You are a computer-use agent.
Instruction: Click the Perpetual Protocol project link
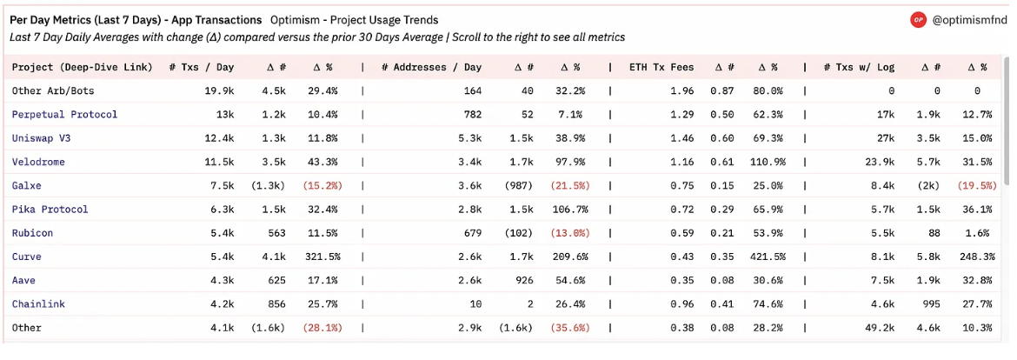tap(65, 115)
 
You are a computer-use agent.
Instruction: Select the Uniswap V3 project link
tap(41, 138)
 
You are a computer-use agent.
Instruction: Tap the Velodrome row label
tap(38, 162)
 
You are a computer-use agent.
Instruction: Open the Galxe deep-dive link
tap(27, 185)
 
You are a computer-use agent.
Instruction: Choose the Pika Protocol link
tap(50, 210)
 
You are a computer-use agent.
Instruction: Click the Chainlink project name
tap(38, 304)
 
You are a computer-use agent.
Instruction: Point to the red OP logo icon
tap(918, 19)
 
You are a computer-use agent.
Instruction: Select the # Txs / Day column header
tap(202, 68)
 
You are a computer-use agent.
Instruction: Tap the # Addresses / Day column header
tap(431, 68)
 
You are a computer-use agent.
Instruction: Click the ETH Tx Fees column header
tap(661, 68)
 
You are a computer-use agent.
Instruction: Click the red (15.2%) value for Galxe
tap(322, 185)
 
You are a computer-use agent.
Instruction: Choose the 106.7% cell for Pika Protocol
tap(569, 210)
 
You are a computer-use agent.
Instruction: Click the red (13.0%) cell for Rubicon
tap(570, 234)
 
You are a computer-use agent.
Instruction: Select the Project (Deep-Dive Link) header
tap(83, 68)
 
